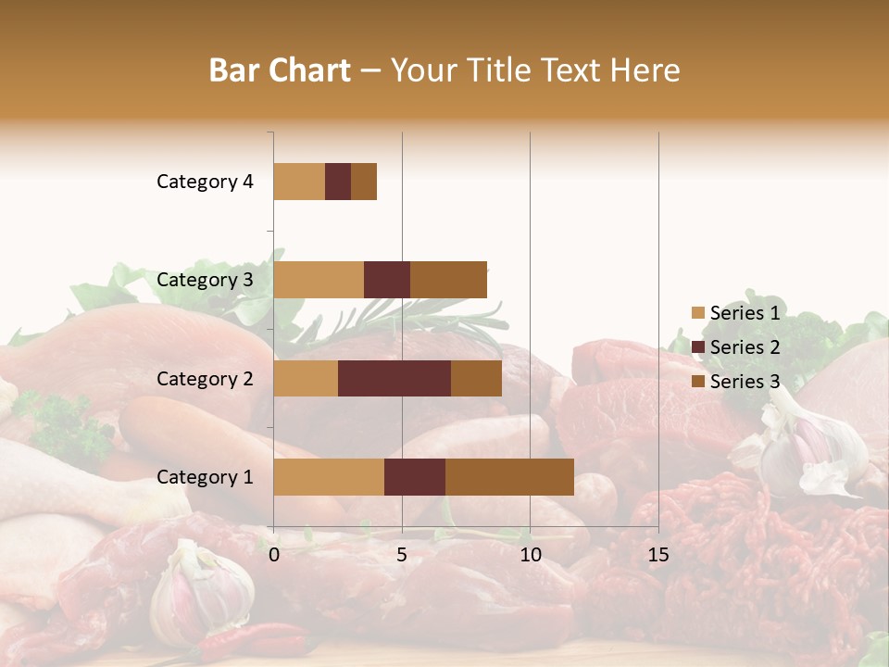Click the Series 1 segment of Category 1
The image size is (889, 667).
(329, 477)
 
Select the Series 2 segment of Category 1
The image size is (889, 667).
(415, 477)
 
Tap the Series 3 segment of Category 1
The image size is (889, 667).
(509, 477)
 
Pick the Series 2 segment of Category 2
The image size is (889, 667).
(394, 378)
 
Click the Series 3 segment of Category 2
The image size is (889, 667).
(476, 378)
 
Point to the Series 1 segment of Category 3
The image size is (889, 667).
(319, 280)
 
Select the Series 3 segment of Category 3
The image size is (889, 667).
(448, 280)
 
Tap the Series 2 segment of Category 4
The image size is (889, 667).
(338, 182)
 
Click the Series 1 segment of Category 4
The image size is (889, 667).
(299, 182)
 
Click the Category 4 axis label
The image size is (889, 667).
(205, 182)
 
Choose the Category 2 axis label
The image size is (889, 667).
(205, 378)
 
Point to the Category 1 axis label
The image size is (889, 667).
(205, 477)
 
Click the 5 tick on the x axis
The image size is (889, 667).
(402, 555)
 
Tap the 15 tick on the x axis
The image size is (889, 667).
(657, 555)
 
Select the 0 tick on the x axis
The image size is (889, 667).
(274, 555)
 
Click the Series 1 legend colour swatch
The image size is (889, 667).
(697, 313)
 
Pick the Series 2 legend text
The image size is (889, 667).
(745, 347)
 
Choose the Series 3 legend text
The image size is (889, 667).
(745, 382)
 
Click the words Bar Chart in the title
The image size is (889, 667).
(279, 70)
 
